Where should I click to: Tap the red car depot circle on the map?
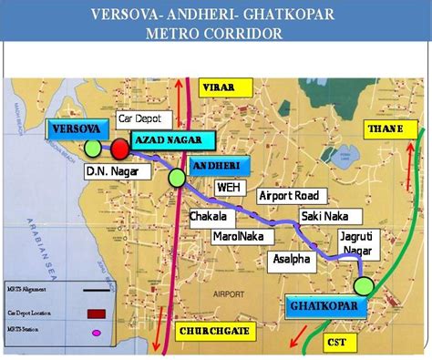(119, 149)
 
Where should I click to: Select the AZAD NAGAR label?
(171, 140)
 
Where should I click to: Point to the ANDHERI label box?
(215, 165)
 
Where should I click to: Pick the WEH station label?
(229, 187)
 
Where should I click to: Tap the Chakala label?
(210, 218)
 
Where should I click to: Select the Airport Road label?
(289, 196)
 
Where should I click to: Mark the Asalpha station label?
(292, 260)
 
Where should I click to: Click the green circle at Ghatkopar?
(365, 285)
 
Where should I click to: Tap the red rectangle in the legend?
(94, 313)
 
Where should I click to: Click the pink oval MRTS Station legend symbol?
(95, 333)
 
